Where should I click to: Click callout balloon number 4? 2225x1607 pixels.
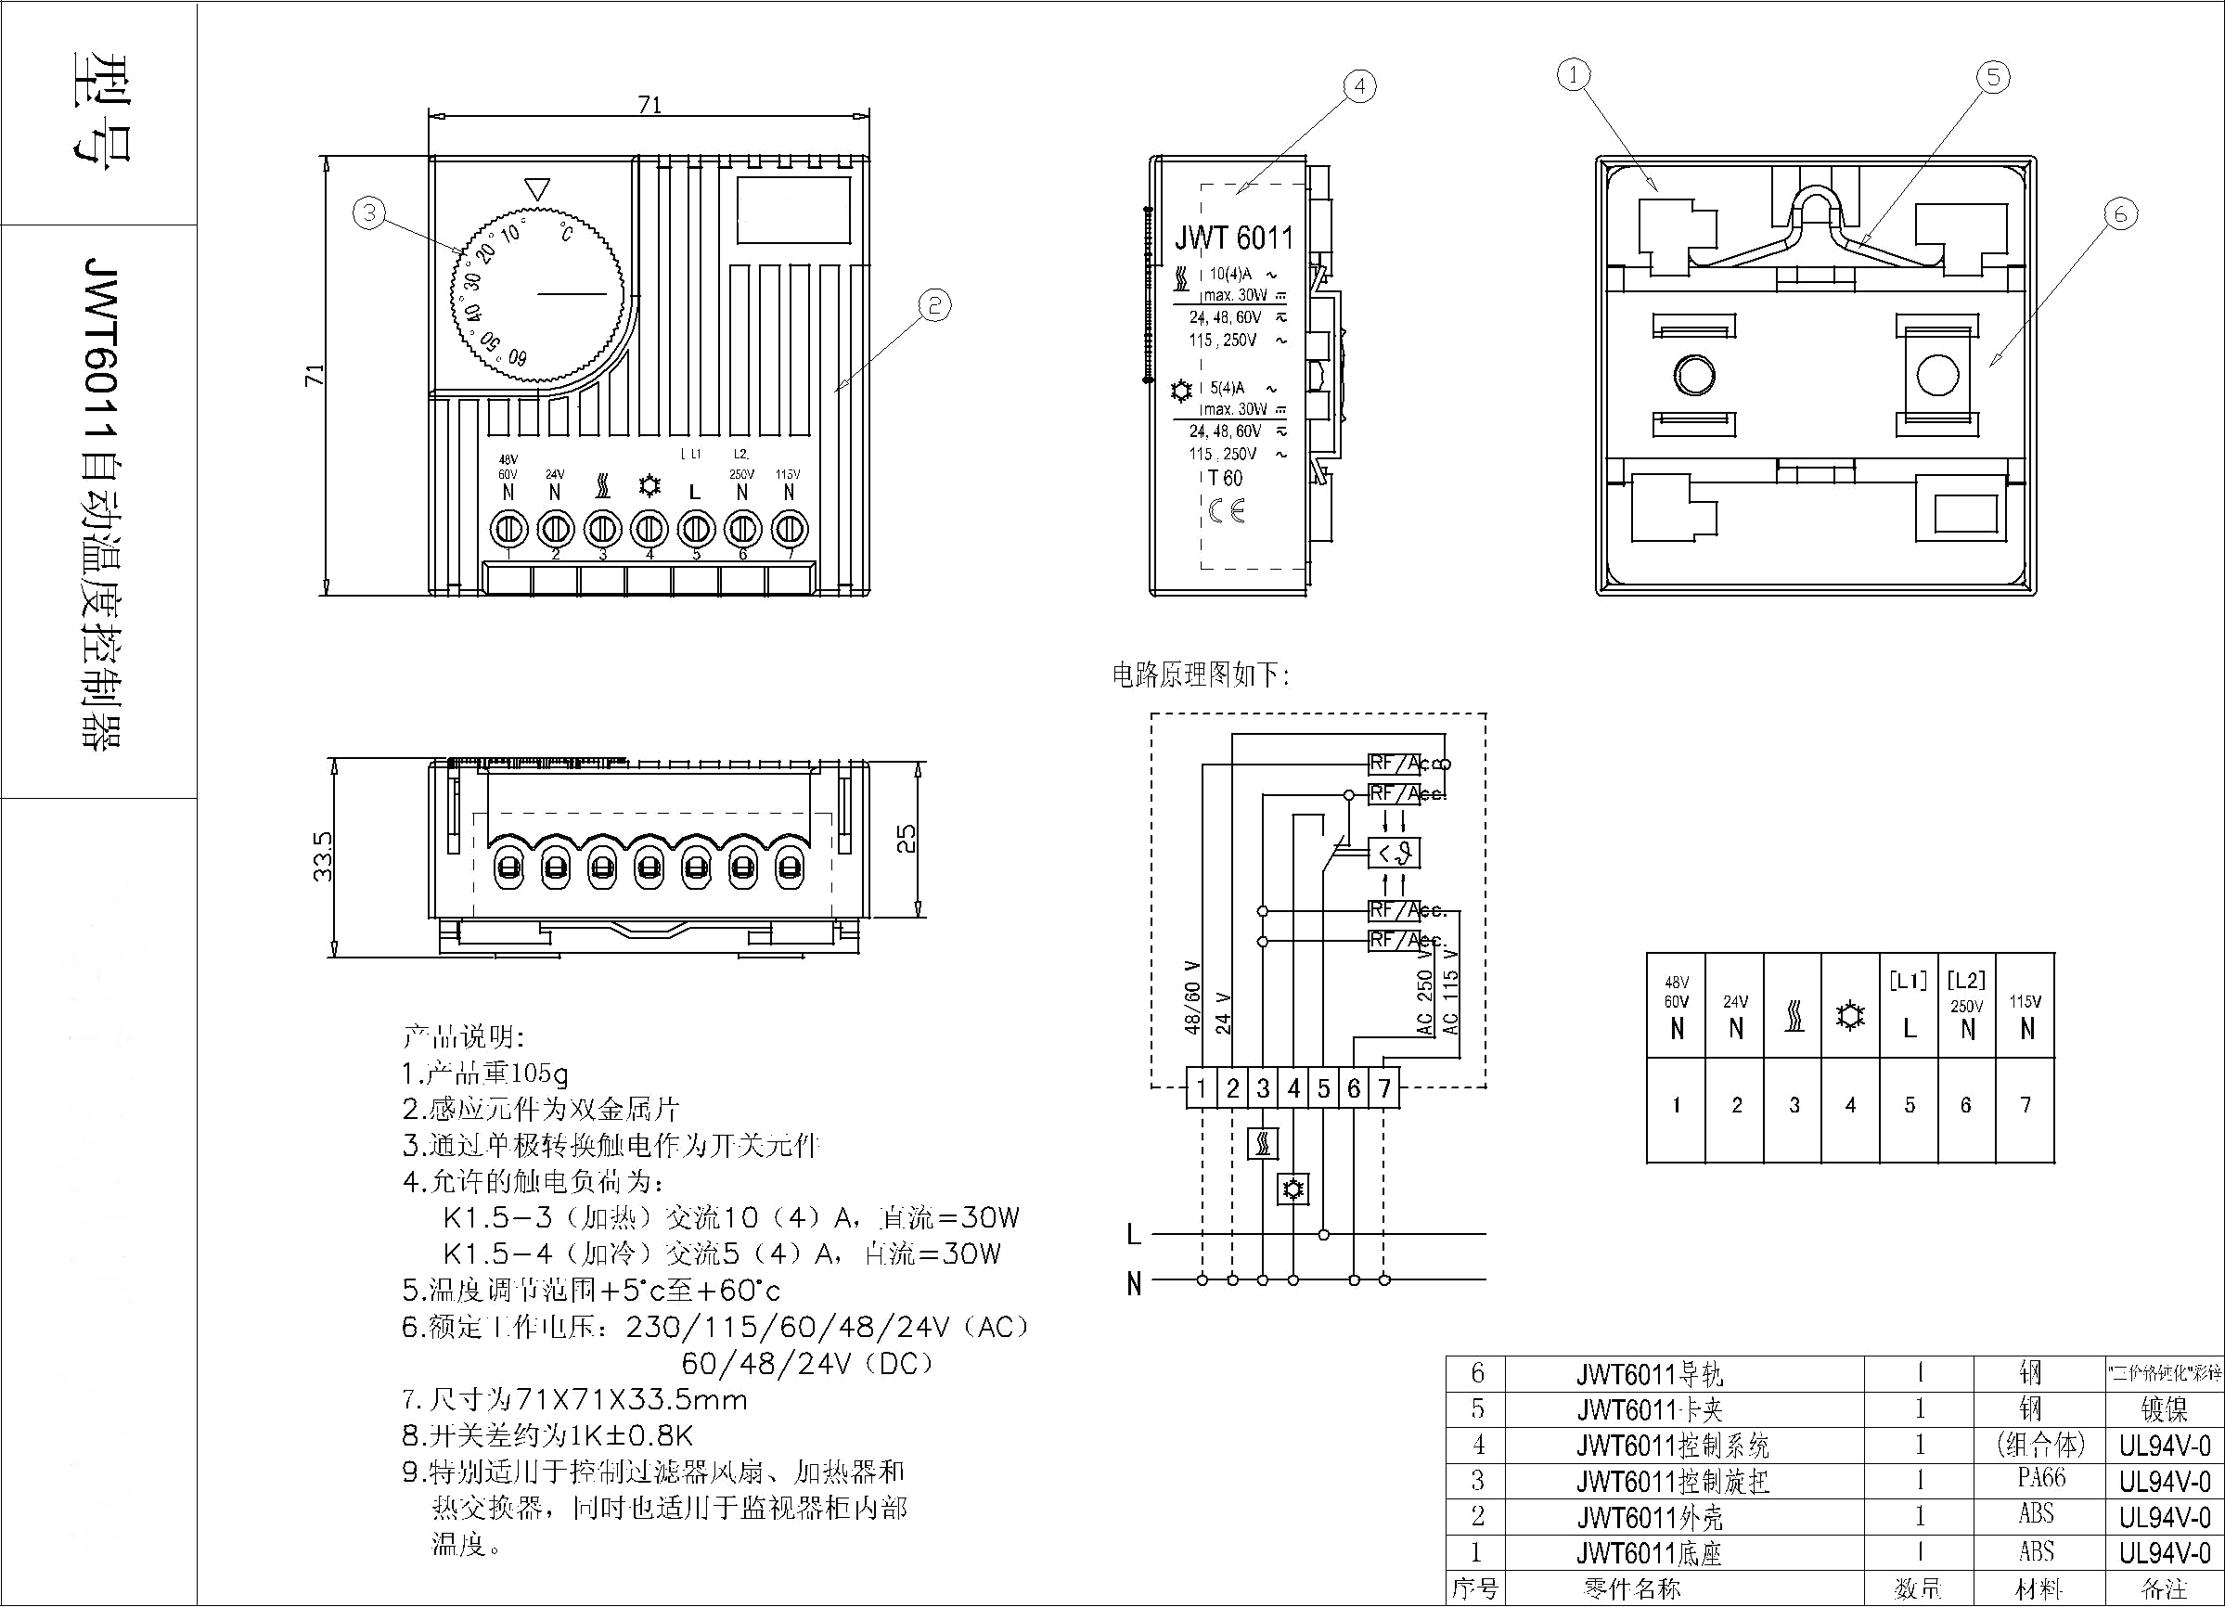[1358, 86]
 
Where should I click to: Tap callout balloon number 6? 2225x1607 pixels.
[2120, 214]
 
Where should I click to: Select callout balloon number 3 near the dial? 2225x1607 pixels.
[369, 212]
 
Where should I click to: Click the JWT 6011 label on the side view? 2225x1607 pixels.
[1234, 238]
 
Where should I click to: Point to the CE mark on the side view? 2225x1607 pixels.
[1227, 510]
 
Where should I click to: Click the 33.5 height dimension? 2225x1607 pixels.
[323, 856]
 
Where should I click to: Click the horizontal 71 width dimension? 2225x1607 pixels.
[649, 105]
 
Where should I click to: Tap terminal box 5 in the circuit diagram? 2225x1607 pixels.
[1323, 1088]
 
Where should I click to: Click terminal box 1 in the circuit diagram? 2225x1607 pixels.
[1202, 1088]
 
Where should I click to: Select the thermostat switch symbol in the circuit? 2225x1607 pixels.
[1394, 854]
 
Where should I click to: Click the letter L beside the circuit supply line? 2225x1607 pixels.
[1134, 1234]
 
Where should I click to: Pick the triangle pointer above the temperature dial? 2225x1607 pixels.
[537, 188]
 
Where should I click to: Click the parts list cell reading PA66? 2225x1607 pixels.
[2041, 1477]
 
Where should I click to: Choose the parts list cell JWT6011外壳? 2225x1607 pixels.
[1649, 1518]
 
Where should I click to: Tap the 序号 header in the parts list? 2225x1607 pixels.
[1474, 1588]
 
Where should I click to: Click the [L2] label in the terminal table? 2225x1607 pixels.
[1966, 980]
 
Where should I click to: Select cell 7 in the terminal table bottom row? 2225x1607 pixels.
[2025, 1106]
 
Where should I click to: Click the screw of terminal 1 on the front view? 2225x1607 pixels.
[508, 530]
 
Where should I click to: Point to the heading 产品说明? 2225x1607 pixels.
[463, 1037]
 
